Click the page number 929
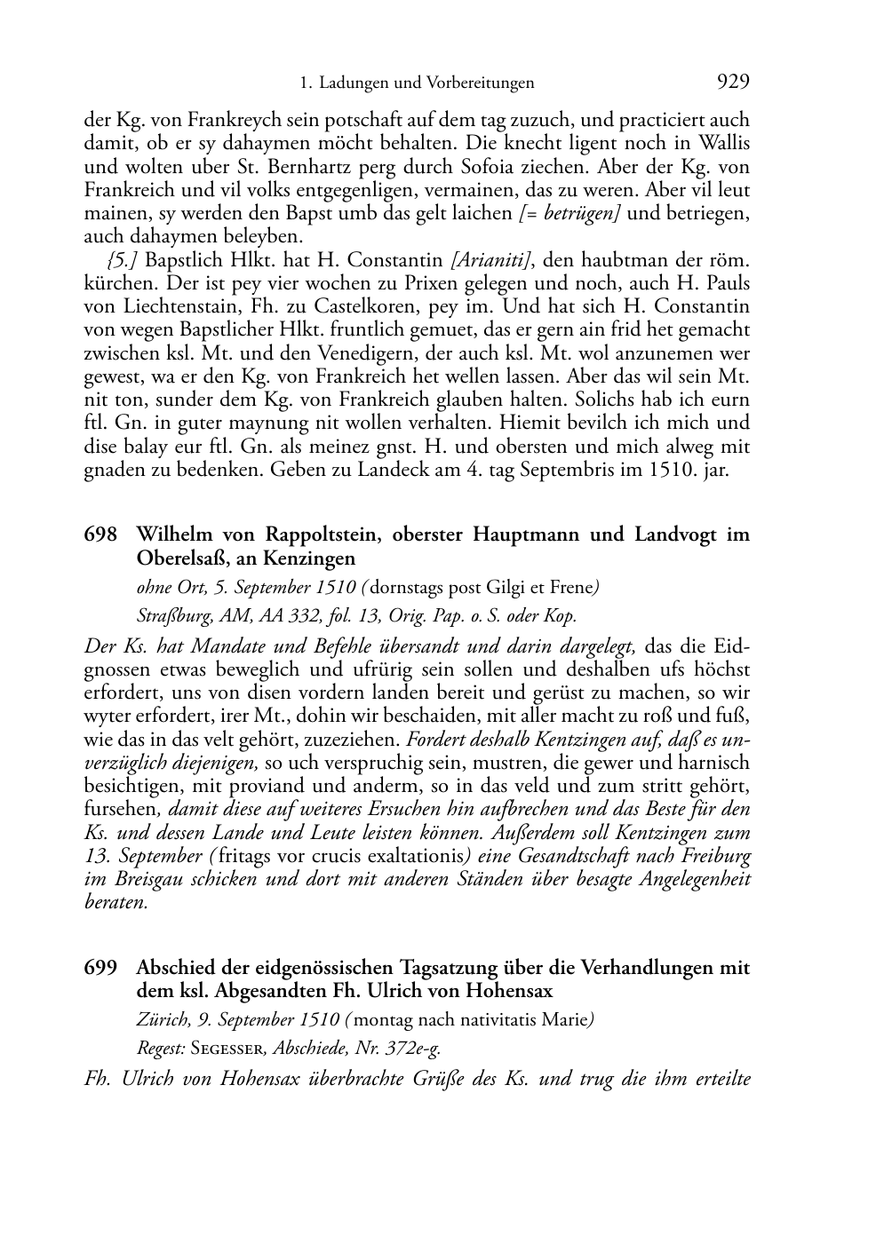tap(733, 83)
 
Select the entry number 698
tap(100, 534)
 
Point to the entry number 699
tap(100, 967)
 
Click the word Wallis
tap(723, 143)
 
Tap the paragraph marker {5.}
tap(122, 260)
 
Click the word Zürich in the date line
tap(160, 1019)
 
